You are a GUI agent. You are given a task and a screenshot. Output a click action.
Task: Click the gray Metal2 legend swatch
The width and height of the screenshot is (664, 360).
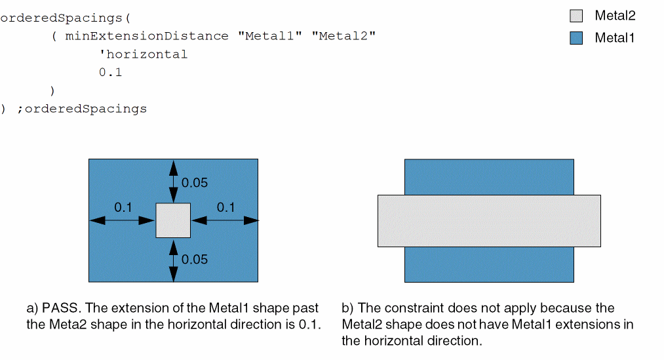[x=576, y=16]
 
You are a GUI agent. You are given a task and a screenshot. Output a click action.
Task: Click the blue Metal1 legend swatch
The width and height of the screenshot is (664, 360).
[x=576, y=38]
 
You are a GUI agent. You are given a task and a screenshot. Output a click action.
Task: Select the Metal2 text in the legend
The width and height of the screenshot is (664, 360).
[x=615, y=16]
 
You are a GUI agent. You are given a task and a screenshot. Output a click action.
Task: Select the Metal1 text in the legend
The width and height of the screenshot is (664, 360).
[x=615, y=38]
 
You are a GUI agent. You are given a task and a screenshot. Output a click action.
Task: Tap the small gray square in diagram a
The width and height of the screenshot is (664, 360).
[x=173, y=220]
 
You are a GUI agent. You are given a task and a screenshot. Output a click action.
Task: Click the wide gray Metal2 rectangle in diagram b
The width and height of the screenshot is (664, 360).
[x=489, y=220]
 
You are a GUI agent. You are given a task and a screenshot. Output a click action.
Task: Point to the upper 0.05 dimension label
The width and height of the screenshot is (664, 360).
[x=195, y=183]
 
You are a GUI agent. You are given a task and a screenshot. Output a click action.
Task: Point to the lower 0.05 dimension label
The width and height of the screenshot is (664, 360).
[x=195, y=260]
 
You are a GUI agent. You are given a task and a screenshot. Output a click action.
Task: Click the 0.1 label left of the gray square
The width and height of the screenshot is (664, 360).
[x=123, y=208]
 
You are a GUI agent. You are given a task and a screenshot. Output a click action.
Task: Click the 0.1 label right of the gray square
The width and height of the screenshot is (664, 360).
[x=225, y=208]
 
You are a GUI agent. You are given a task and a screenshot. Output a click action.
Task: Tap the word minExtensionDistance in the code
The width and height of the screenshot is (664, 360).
[x=147, y=35]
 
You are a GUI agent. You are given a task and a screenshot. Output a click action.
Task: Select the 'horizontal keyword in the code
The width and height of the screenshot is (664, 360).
[x=143, y=54]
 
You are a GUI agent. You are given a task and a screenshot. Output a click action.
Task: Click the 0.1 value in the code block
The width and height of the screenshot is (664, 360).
[x=110, y=72]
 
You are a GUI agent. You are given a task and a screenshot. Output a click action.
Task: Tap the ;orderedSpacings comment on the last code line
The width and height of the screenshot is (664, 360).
[x=82, y=108]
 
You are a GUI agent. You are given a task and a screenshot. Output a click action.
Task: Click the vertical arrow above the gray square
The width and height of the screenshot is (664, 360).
[x=173, y=182]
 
